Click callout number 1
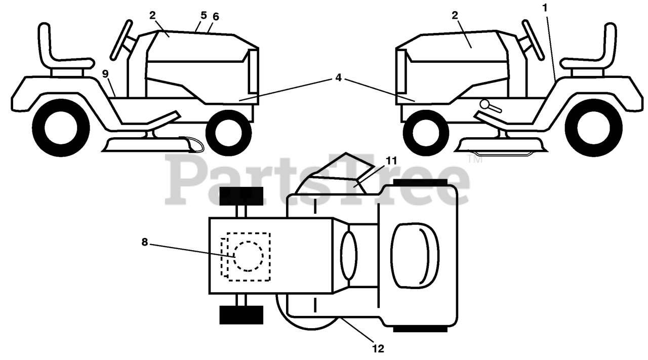click(x=545, y=8)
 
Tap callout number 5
click(x=204, y=15)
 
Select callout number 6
click(x=216, y=17)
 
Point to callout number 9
click(x=105, y=73)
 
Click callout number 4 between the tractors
click(x=338, y=78)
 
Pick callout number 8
click(x=145, y=242)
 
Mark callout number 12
click(x=378, y=348)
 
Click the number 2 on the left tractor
click(x=152, y=15)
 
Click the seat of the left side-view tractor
click(x=56, y=51)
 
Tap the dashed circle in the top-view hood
click(x=248, y=256)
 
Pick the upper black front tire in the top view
click(x=241, y=196)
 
